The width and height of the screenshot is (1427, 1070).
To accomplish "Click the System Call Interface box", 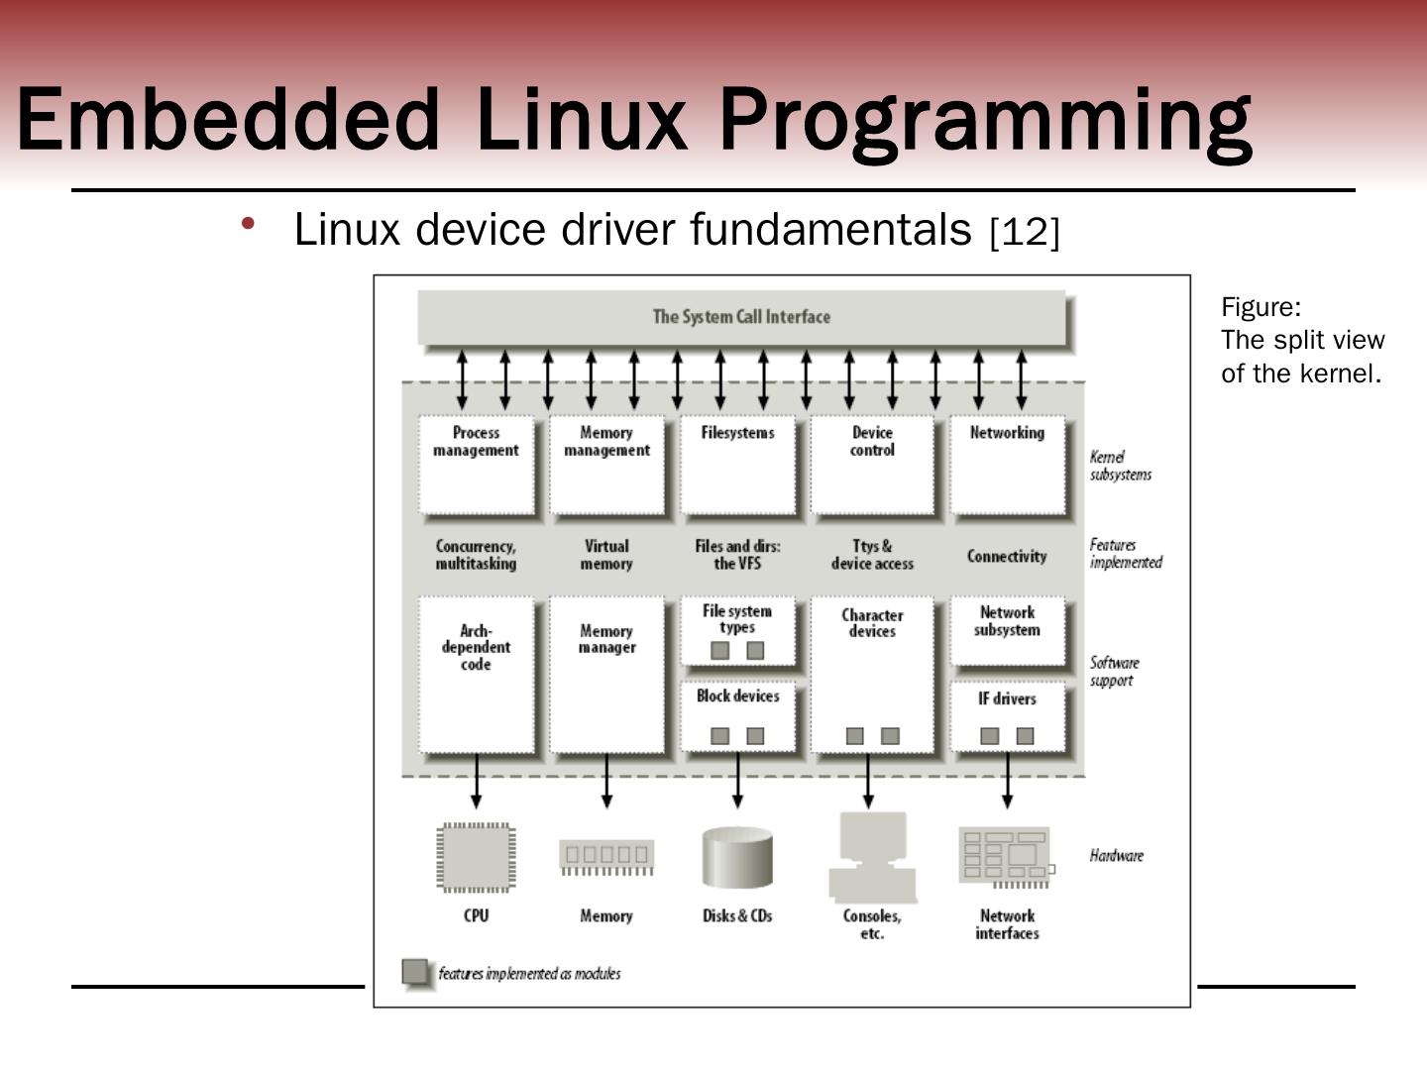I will (741, 317).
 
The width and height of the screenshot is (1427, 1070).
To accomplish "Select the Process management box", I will (476, 464).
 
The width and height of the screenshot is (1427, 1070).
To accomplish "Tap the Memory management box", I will (606, 464).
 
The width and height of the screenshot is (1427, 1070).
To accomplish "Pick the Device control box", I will (872, 464).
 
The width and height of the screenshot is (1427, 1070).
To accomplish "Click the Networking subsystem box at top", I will (1007, 464).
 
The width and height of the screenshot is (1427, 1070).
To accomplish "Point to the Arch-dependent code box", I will (476, 674).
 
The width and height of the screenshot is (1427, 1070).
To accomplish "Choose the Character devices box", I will (872, 674).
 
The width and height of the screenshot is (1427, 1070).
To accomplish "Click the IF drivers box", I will (1007, 715).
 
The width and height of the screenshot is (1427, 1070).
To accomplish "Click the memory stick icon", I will (606, 857).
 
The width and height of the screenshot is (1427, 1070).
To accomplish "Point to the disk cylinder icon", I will (737, 858).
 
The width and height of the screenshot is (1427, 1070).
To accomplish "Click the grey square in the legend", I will (417, 973).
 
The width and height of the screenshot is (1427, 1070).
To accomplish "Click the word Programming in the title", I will (985, 121).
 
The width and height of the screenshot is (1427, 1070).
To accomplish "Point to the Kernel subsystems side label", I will (1121, 466).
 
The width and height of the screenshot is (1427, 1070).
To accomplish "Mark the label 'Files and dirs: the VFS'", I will (737, 555).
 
